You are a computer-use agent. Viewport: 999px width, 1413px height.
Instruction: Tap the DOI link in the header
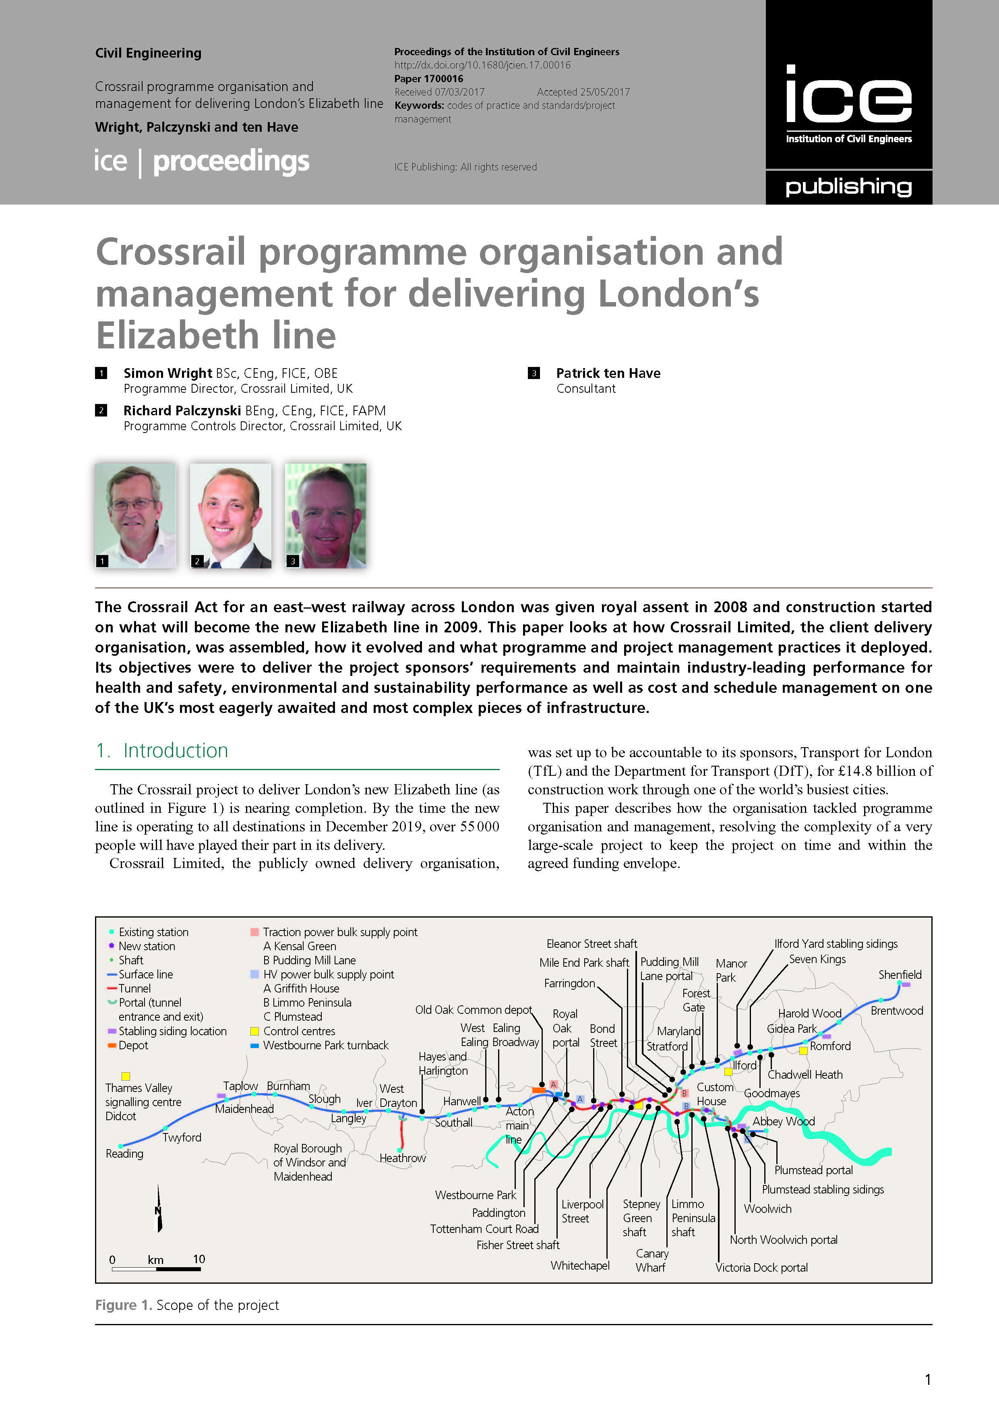482,65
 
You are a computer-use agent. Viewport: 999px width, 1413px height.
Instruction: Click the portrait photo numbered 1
135,515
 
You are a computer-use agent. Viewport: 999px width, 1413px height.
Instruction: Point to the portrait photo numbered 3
325,515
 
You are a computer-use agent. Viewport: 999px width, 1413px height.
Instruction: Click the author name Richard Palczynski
182,410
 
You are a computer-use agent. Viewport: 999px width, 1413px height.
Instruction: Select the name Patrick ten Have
608,373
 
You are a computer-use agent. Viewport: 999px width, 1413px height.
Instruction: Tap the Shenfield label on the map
900,974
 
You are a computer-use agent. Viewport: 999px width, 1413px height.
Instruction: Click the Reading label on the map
124,1153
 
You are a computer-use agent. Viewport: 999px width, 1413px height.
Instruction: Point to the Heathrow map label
402,1158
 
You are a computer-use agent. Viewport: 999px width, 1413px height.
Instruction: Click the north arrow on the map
159,1209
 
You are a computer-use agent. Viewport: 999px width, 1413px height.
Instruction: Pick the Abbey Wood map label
783,1121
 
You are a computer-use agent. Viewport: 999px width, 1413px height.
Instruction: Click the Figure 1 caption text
187,1305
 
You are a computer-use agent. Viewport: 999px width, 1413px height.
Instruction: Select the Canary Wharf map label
652,1260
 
